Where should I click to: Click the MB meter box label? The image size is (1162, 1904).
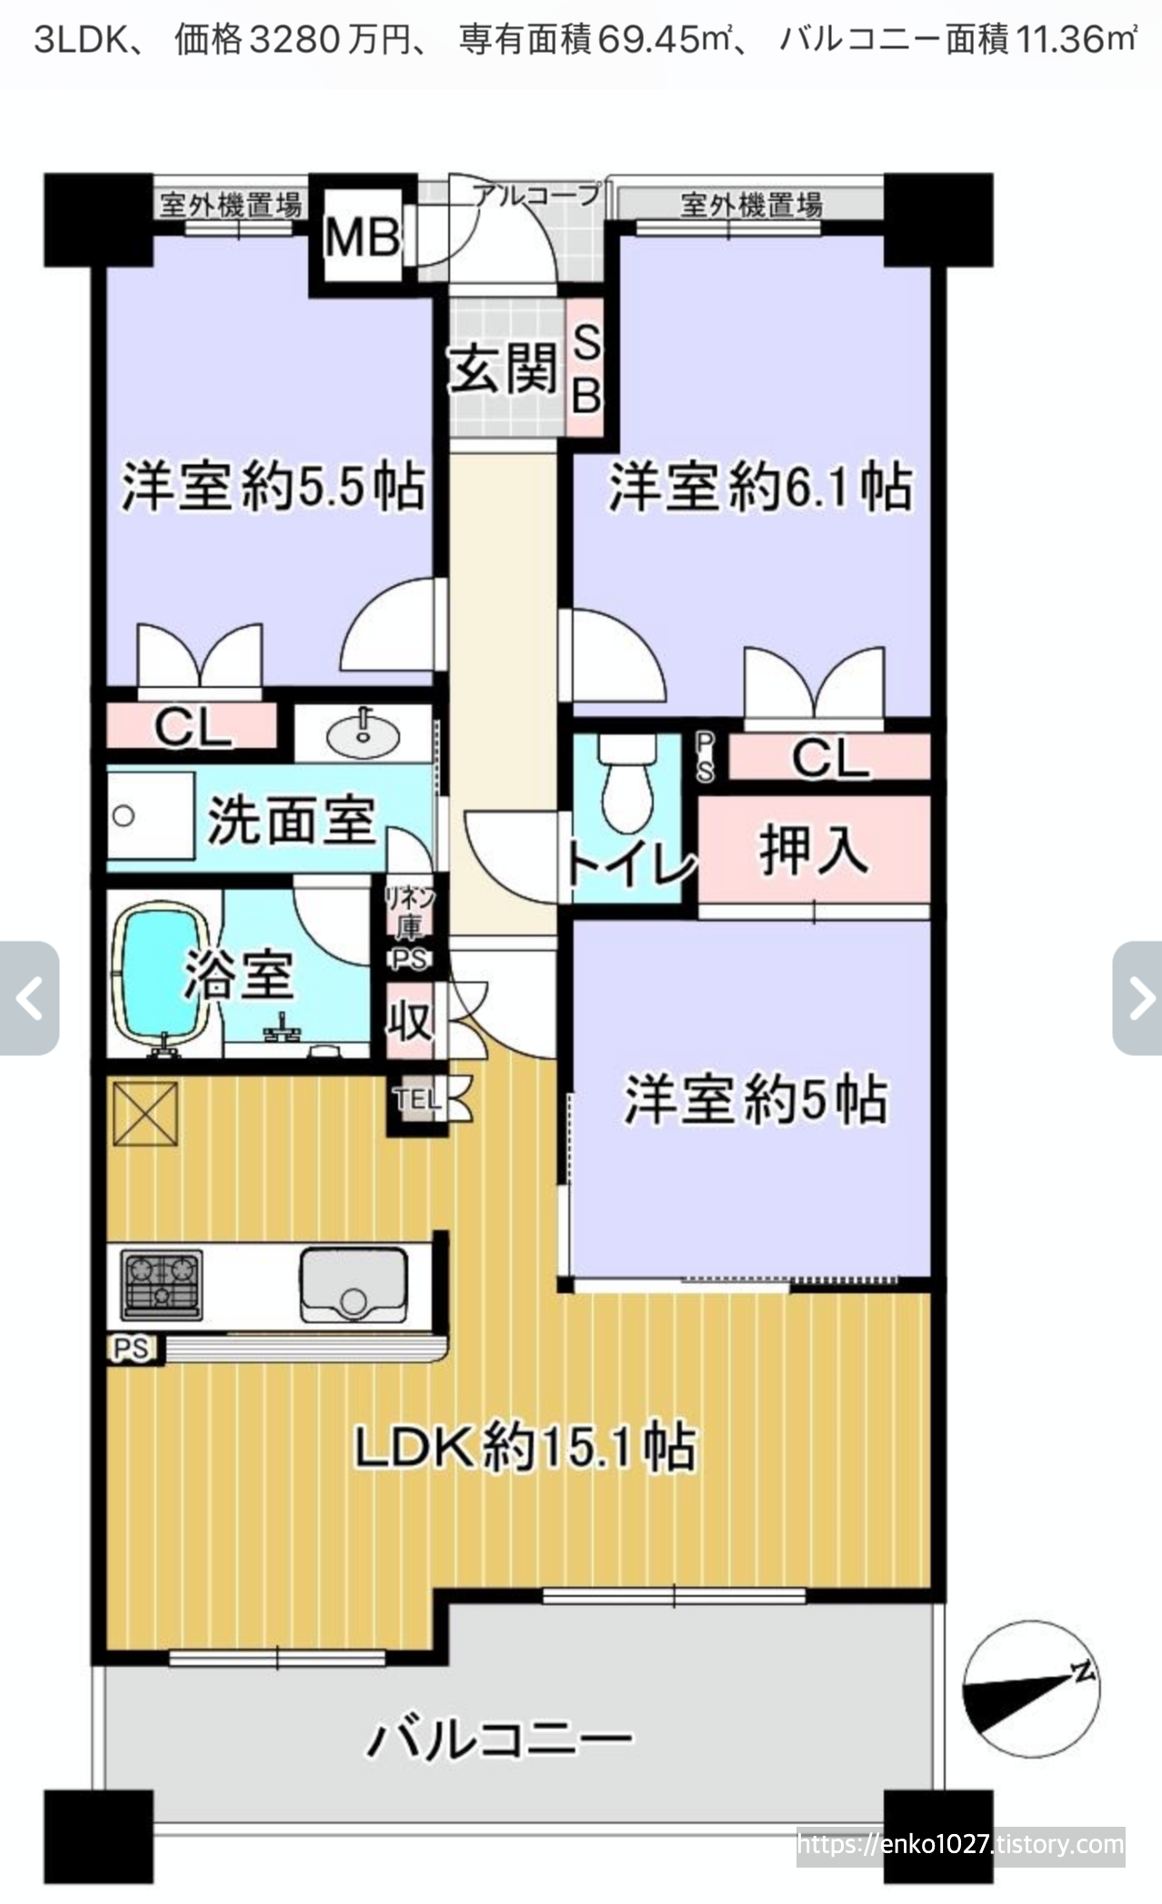(362, 237)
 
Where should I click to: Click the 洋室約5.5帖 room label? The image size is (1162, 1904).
(274, 486)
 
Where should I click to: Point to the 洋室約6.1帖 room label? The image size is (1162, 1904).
(760, 486)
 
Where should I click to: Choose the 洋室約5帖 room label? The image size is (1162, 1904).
(756, 1100)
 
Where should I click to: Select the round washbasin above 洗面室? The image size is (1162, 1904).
(363, 734)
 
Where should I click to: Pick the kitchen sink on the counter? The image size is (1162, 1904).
(354, 1285)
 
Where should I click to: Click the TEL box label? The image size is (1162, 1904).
(418, 1100)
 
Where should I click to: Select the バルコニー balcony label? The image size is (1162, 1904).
(499, 1738)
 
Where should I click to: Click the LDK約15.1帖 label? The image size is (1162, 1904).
(525, 1447)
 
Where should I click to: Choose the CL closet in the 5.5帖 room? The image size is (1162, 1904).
(192, 727)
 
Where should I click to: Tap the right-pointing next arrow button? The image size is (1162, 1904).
(1137, 998)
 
